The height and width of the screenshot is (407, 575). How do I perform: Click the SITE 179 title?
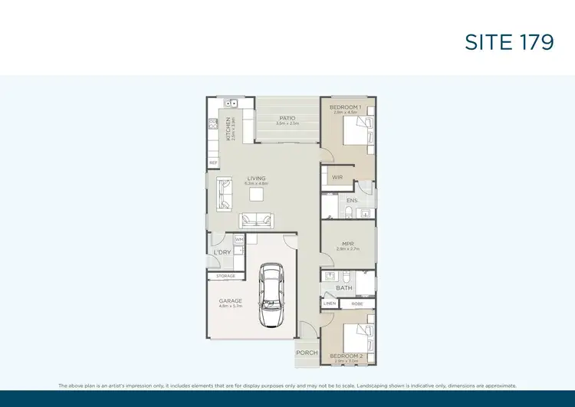[x=509, y=43]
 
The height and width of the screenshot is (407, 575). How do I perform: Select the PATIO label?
[x=287, y=118]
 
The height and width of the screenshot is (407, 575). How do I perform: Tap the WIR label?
[x=337, y=177]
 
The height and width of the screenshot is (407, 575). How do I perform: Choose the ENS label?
[x=352, y=201]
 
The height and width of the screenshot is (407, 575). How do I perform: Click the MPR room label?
[x=347, y=244]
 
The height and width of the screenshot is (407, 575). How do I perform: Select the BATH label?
[x=343, y=288]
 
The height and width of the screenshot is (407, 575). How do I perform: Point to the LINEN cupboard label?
[x=330, y=304]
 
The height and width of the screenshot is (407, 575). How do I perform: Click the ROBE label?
[x=356, y=304]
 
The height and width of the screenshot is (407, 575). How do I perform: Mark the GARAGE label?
[x=231, y=300]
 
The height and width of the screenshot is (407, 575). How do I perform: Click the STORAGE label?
[x=225, y=276]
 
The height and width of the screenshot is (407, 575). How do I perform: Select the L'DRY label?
[x=222, y=253]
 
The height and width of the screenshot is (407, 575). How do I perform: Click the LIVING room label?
[x=256, y=179]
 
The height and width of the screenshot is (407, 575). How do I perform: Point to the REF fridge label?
[x=213, y=162]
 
